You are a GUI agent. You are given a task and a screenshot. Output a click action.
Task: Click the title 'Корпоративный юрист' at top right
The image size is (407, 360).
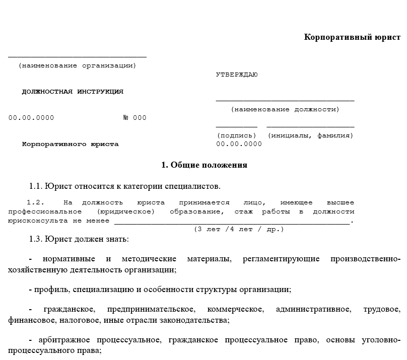[352, 37]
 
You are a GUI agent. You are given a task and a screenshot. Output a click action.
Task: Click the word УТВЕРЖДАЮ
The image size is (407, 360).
[237, 75]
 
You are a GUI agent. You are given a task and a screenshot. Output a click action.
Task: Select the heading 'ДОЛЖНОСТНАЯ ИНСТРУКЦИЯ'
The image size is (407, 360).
[73, 92]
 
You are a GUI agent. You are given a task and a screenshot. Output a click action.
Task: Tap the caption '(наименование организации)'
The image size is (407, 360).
[77, 65]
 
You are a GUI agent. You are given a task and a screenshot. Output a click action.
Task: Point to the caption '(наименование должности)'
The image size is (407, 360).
[285, 109]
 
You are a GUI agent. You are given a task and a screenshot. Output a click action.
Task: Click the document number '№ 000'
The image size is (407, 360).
[134, 118]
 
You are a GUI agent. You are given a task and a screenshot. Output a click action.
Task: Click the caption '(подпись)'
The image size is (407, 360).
[237, 135]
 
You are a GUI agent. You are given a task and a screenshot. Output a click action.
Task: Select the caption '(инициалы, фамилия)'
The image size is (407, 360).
[310, 135]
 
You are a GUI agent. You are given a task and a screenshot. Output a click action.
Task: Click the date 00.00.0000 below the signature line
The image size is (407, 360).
[239, 144]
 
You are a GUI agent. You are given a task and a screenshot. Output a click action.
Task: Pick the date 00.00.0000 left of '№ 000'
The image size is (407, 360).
[31, 118]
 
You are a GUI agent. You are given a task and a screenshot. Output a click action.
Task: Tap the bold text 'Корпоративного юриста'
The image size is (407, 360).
[71, 144]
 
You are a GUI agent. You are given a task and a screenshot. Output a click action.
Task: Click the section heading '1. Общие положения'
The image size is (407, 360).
[204, 165]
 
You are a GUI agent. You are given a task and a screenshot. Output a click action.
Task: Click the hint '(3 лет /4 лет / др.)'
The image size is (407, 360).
[239, 229]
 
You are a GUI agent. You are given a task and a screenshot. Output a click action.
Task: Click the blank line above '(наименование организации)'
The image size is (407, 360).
[77, 57]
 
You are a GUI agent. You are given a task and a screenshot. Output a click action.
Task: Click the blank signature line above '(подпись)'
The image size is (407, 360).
[237, 127]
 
